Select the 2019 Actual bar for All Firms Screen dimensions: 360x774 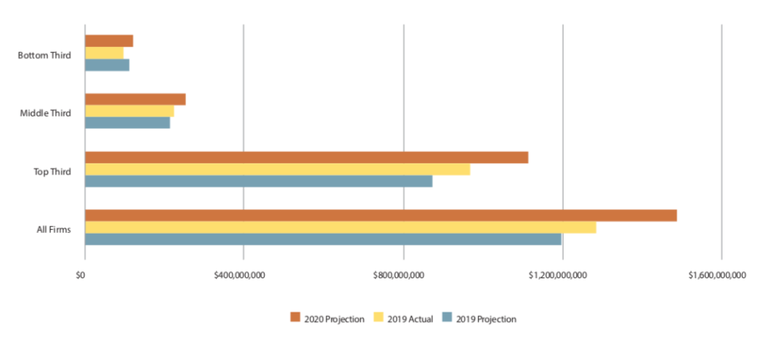[340, 228]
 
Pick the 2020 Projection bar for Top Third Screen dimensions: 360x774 [306, 157]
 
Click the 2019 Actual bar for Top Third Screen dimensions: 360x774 [277, 169]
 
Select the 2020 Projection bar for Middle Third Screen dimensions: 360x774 [135, 99]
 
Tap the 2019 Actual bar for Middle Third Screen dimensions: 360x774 [129, 111]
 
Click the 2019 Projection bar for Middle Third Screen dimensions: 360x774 [128, 123]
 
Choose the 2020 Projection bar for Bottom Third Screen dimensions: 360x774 [109, 41]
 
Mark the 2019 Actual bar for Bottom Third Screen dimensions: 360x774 [104, 53]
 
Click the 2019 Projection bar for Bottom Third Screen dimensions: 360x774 [107, 64]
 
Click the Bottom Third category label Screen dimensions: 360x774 [45, 55]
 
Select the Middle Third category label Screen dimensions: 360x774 [45, 113]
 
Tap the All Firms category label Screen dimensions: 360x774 [54, 229]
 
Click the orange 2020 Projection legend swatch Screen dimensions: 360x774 [296, 318]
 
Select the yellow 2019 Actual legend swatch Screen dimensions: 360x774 [381, 318]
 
